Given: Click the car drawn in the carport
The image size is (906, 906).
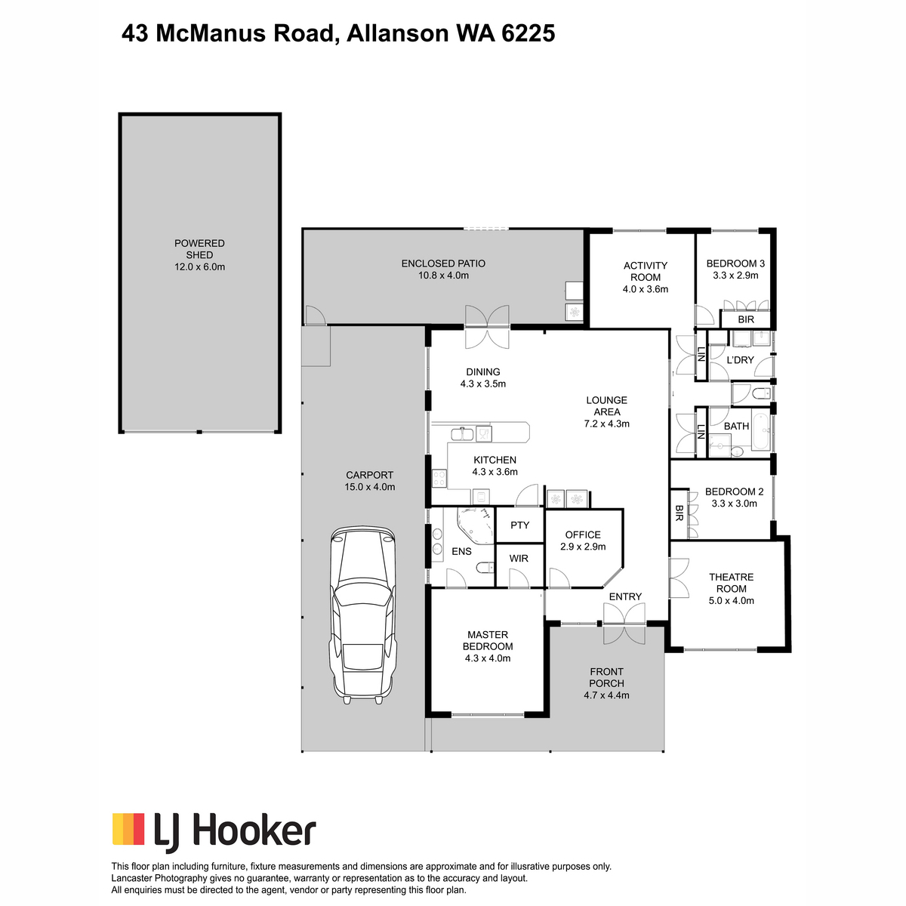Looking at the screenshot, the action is [x=362, y=615].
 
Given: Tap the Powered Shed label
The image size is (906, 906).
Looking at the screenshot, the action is [x=199, y=249].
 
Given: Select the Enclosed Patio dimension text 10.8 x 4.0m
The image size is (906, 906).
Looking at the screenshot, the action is [x=443, y=276].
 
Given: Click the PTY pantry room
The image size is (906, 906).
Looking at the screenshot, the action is [x=519, y=525].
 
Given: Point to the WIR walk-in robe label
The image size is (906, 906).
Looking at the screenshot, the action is [x=519, y=559].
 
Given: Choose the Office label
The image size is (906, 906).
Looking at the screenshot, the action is [x=583, y=535].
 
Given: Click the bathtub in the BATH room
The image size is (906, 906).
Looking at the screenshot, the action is [x=761, y=431].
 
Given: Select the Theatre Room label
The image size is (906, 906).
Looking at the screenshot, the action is [x=731, y=583].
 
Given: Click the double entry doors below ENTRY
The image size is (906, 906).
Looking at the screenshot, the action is [x=624, y=624].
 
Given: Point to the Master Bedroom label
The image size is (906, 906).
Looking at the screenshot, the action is [x=488, y=640].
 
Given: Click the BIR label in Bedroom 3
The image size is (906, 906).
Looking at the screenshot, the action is [x=746, y=319].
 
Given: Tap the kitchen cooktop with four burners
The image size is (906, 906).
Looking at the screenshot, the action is [x=439, y=479].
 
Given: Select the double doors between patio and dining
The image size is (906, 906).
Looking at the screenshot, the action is [x=487, y=327].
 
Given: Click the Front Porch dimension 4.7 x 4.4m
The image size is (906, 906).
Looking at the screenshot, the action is [x=606, y=695].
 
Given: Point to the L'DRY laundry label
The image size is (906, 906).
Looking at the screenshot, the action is [x=740, y=360].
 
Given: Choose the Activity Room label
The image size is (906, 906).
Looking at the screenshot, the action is [x=646, y=271].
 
